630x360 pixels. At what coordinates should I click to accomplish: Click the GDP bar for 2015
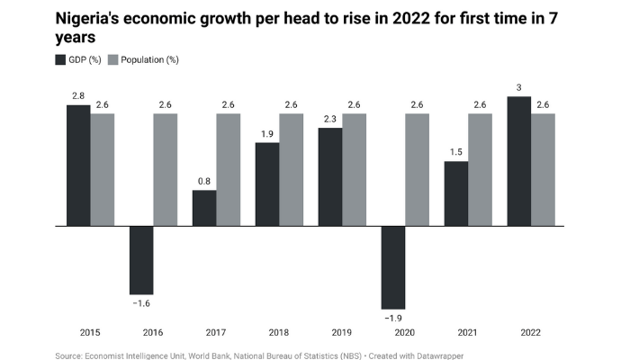(x=78, y=165)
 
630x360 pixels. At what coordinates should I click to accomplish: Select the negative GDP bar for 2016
(x=141, y=259)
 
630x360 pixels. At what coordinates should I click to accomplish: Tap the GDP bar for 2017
(x=204, y=207)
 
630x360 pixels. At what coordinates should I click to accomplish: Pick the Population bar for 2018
(x=291, y=169)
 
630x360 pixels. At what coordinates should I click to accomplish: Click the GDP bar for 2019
(x=330, y=176)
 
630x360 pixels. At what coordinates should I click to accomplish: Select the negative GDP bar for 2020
(x=393, y=266)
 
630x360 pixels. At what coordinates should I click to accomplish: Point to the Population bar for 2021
(x=480, y=169)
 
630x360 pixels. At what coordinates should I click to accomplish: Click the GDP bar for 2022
(x=519, y=160)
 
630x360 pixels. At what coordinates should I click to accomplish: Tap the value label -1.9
(x=393, y=318)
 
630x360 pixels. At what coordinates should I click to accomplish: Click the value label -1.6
(x=141, y=303)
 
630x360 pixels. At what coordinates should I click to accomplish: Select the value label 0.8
(x=204, y=181)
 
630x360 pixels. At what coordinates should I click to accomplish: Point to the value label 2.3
(x=330, y=119)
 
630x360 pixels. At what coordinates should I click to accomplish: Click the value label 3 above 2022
(x=519, y=87)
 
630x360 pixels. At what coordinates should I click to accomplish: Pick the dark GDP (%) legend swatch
(x=60, y=59)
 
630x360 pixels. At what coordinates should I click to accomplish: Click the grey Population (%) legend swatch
(x=113, y=59)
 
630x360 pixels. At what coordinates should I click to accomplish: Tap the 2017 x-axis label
(x=217, y=332)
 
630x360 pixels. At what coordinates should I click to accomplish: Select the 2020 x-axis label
(x=406, y=332)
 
